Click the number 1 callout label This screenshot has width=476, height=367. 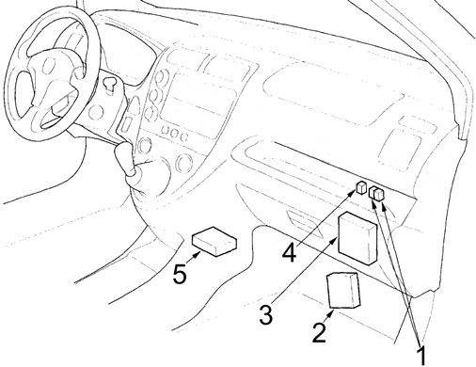pos(422,355)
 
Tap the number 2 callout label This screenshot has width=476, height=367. pos(320,332)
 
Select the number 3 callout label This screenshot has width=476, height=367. pos(266,314)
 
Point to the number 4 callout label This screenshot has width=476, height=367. pos(289,253)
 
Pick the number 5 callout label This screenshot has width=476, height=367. pos(180,275)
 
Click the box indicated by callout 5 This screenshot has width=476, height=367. pos(214,242)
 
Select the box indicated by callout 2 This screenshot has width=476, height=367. pos(343,290)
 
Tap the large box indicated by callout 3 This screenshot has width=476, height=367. pos(357,238)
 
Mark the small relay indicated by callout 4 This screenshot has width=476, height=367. pos(361,187)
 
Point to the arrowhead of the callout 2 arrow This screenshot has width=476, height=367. pos(331,311)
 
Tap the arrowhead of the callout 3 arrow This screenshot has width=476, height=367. pos(335,240)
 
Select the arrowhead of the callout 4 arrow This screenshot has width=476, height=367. pos(353,195)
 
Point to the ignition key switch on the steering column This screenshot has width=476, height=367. pos(109,84)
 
